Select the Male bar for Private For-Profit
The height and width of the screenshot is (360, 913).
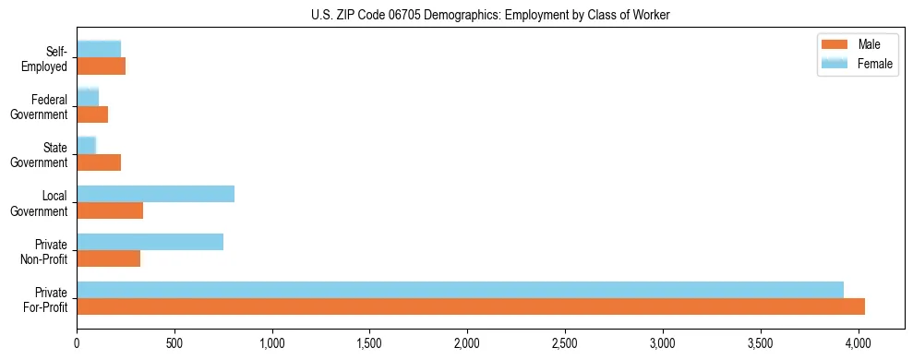(x=471, y=306)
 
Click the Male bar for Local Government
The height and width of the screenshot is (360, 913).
(x=110, y=210)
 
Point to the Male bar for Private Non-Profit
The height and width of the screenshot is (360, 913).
(x=108, y=258)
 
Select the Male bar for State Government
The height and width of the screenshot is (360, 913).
(x=99, y=162)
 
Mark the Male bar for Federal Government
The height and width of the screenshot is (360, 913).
(x=92, y=114)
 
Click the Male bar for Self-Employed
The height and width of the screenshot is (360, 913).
(x=101, y=66)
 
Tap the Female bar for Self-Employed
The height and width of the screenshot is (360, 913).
(x=99, y=49)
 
